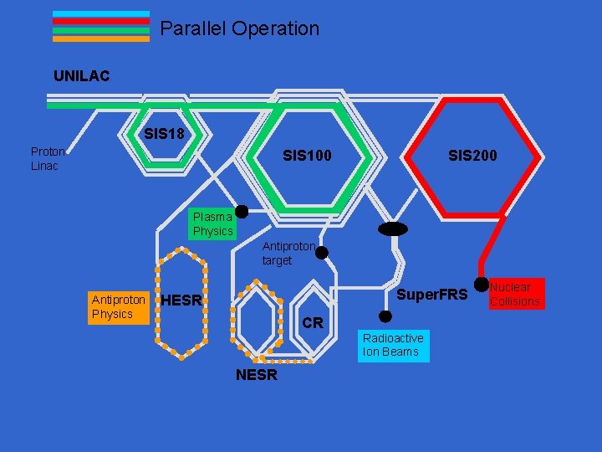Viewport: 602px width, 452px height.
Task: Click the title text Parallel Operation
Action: pyautogui.click(x=239, y=28)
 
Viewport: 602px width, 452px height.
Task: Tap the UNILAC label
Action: pyautogui.click(x=82, y=76)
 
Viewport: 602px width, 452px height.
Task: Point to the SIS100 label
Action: pyautogui.click(x=307, y=156)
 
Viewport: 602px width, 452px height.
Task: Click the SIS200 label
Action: pyautogui.click(x=472, y=156)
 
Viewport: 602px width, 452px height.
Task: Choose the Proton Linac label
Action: pyautogui.click(x=48, y=158)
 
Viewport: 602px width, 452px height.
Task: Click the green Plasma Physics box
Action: pyautogui.click(x=212, y=224)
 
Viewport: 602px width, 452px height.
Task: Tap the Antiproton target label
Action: pyautogui.click(x=288, y=254)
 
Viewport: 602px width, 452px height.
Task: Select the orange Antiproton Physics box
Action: pyautogui.click(x=118, y=307)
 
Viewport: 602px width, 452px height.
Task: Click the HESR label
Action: pyautogui.click(x=181, y=300)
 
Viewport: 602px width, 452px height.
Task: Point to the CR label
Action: pyautogui.click(x=313, y=323)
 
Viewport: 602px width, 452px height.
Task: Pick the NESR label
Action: pyautogui.click(x=256, y=375)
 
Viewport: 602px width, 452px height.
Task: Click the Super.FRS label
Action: pyautogui.click(x=431, y=295)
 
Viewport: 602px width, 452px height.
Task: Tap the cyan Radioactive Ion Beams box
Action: pyautogui.click(x=393, y=345)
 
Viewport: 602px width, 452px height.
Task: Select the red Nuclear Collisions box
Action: pyautogui.click(x=515, y=294)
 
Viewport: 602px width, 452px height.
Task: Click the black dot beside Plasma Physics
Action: pyautogui.click(x=242, y=212)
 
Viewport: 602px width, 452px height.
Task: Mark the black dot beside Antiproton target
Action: pyautogui.click(x=321, y=252)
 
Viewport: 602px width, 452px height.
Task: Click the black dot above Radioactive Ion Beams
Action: pyautogui.click(x=385, y=316)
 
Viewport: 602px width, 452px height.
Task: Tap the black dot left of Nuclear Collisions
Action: pyautogui.click(x=481, y=285)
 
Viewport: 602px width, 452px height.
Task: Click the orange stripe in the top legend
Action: pyautogui.click(x=101, y=39)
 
